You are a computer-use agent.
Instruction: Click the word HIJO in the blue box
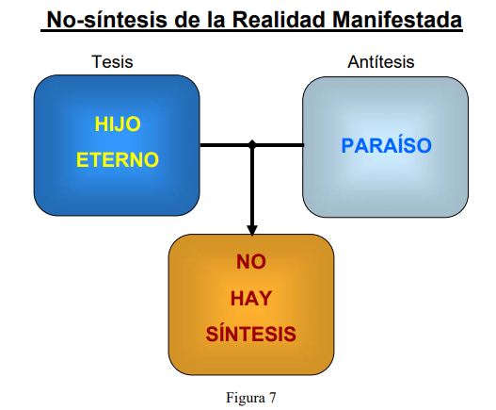[x=118, y=124]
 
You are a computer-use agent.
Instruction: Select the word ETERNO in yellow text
[x=118, y=159]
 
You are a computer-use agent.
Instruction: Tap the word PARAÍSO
[x=387, y=145]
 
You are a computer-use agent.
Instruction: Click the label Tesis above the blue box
[x=112, y=62]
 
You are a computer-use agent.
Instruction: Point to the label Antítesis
[x=381, y=62]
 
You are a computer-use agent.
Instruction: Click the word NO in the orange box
[x=251, y=262]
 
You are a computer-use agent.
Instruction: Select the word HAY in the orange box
[x=251, y=298]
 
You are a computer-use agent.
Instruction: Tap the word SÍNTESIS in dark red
[x=251, y=334]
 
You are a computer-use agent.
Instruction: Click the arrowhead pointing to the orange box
[x=252, y=230]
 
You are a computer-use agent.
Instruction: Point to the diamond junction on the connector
[x=252, y=144]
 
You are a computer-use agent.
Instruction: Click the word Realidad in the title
[x=280, y=20]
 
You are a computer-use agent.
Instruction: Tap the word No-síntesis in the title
[x=107, y=20]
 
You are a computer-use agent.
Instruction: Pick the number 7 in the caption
[x=273, y=398]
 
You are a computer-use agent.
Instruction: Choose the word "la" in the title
[x=216, y=20]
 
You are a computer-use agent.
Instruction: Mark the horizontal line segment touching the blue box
[x=226, y=145]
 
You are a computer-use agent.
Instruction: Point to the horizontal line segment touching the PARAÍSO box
[x=278, y=145]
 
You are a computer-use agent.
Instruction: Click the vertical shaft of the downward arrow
[x=252, y=187]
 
